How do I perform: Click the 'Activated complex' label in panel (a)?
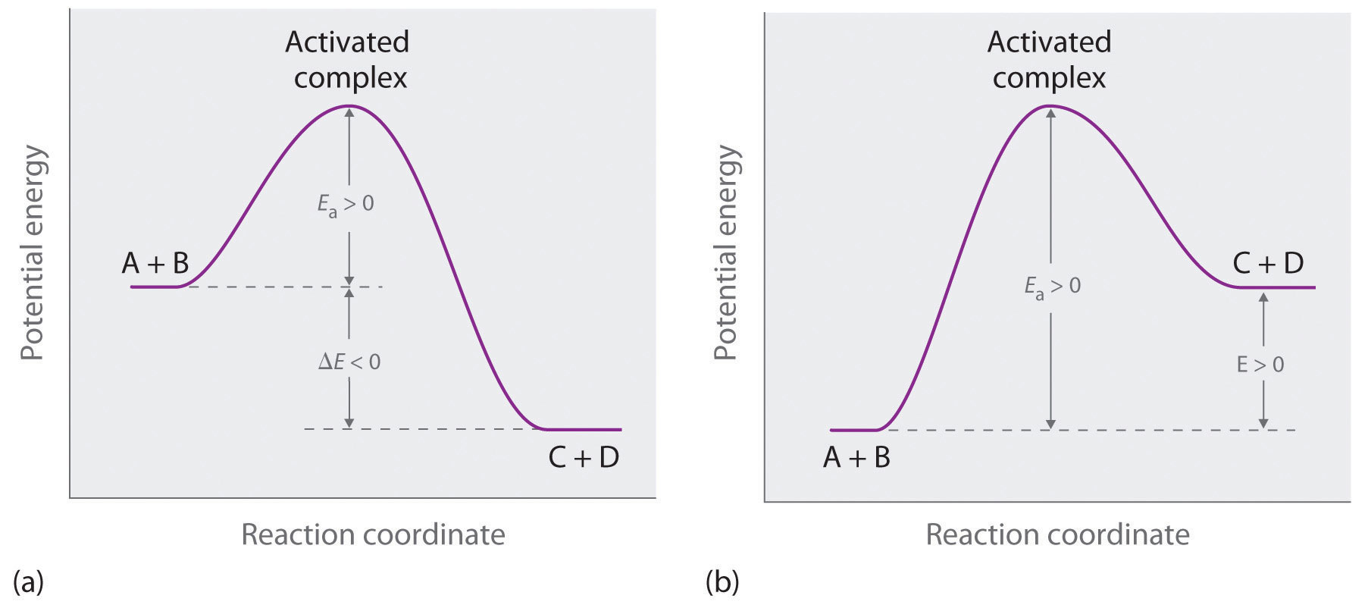[x=348, y=59]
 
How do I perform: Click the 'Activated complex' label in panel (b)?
[x=1049, y=59]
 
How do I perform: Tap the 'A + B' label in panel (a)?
[x=155, y=263]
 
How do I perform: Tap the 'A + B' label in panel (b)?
[x=856, y=458]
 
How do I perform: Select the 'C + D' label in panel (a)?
[x=583, y=457]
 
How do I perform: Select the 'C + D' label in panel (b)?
[x=1268, y=263]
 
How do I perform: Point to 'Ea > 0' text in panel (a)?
[x=346, y=204]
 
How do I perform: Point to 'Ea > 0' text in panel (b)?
[x=1053, y=286]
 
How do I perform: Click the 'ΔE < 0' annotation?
[x=349, y=362]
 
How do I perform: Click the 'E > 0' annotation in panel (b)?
[x=1260, y=365]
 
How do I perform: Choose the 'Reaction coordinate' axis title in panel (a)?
[x=373, y=534]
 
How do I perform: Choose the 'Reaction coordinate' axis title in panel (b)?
[x=1057, y=534]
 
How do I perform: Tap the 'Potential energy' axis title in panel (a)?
[x=33, y=252]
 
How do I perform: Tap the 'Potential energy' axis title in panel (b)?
[x=725, y=252]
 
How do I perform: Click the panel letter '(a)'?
[x=28, y=582]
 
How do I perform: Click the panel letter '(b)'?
[x=722, y=582]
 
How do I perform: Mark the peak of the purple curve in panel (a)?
[x=349, y=105]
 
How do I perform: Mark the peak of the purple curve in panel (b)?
[x=1050, y=105]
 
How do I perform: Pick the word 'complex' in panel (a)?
[x=350, y=78]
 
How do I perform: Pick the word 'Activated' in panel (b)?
[x=1049, y=42]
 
